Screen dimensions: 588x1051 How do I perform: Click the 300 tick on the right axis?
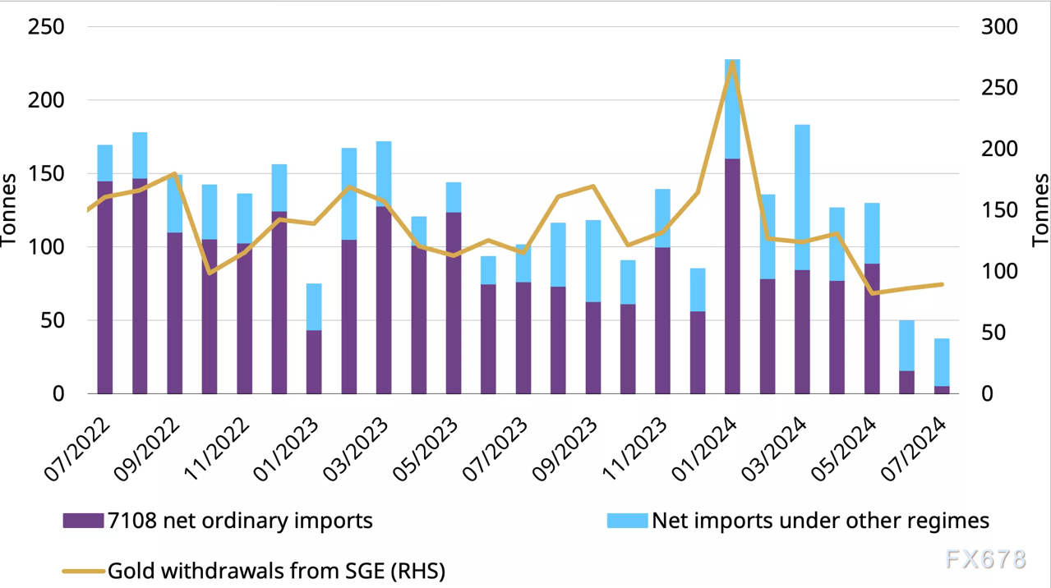999,27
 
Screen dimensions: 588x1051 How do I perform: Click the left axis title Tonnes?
10,210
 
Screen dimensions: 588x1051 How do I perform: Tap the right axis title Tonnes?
1040,210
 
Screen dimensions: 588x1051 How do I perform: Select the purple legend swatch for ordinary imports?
83,521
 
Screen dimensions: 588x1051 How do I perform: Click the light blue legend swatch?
627,521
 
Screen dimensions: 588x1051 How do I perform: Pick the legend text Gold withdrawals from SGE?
276,570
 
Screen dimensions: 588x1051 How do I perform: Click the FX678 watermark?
985,559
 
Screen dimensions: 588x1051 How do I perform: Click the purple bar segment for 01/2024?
732,276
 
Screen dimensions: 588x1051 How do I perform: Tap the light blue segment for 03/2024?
802,197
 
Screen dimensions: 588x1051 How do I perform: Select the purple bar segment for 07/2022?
104,287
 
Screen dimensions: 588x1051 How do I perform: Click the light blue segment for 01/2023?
314,307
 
